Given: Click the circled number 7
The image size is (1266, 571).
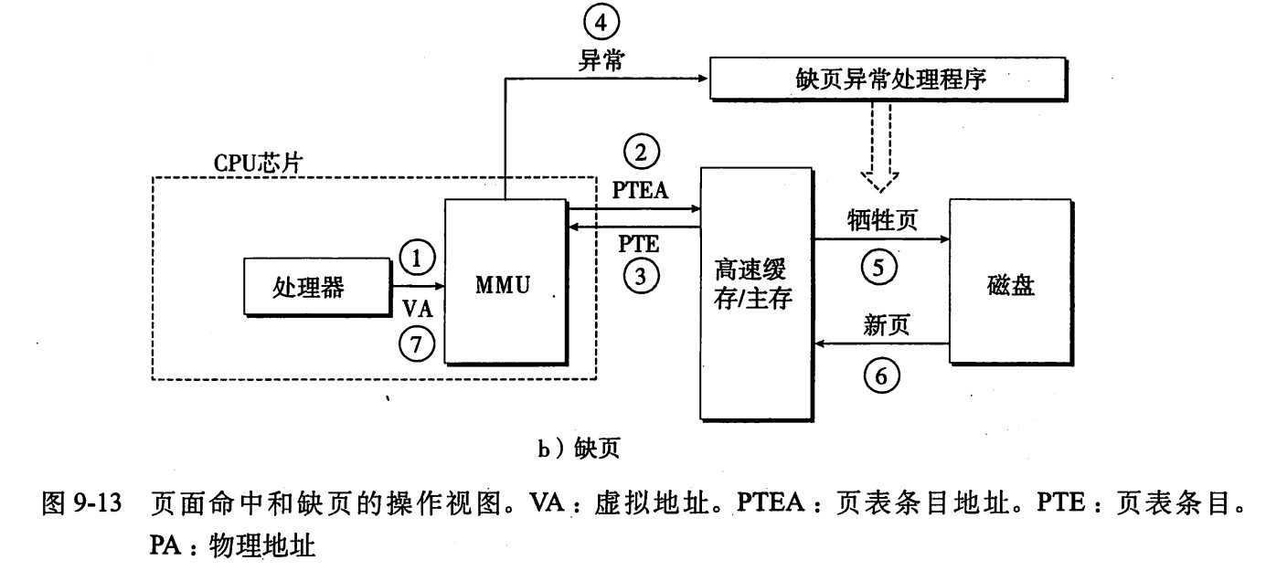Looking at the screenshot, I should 418,344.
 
